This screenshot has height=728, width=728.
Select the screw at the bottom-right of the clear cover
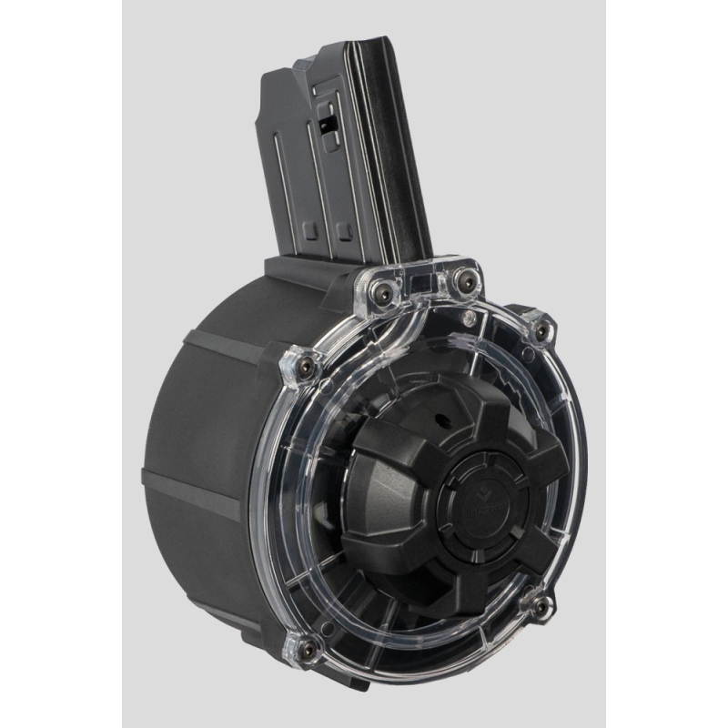click(539, 606)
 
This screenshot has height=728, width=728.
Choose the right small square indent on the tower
click(345, 227)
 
